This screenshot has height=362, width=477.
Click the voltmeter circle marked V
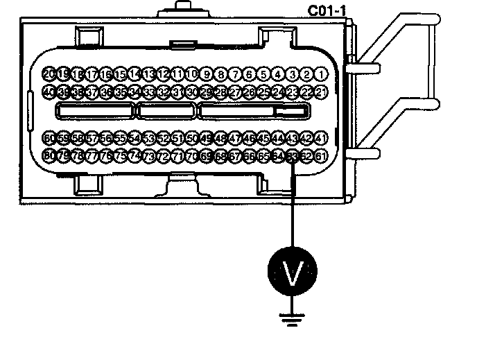click(x=293, y=273)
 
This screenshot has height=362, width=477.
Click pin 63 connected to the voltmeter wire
click(x=293, y=155)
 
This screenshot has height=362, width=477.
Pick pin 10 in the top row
click(x=192, y=74)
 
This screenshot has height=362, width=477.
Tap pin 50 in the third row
click(x=192, y=137)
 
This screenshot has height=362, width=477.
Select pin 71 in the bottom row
click(x=178, y=155)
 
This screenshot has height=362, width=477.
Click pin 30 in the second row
click(x=192, y=92)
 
